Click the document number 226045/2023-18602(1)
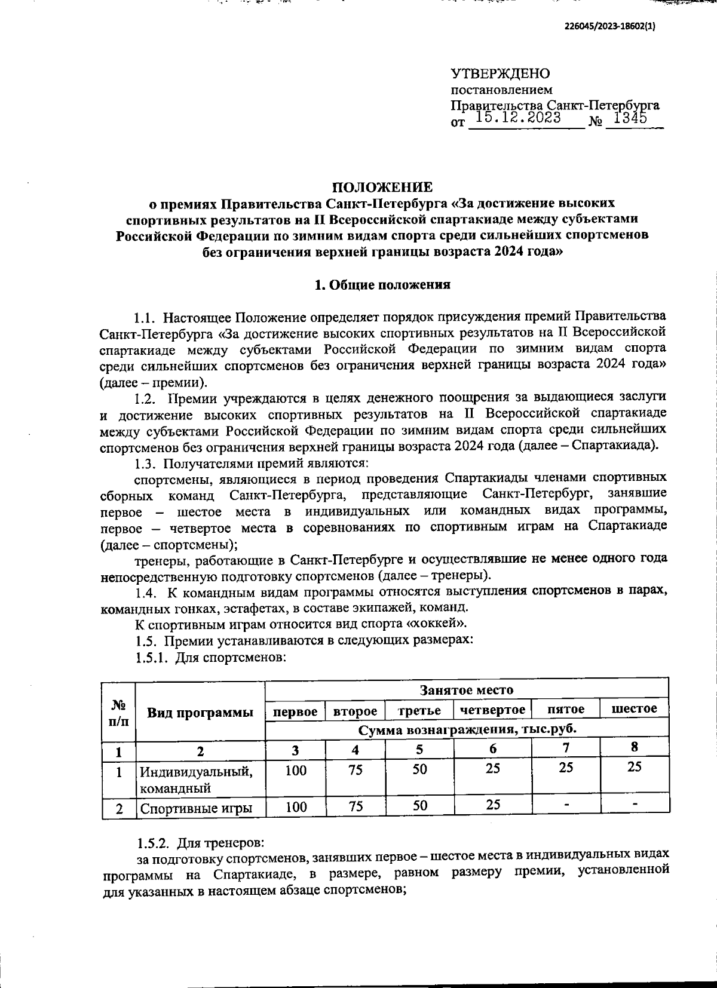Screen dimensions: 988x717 [609, 26]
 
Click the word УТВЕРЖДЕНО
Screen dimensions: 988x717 [500, 74]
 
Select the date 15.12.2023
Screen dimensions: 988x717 [518, 118]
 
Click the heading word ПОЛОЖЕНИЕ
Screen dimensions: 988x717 [382, 186]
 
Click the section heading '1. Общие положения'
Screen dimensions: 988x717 [382, 285]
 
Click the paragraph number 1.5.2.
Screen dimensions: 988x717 [152, 843]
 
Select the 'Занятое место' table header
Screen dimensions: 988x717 [466, 690]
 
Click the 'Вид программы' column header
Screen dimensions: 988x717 [200, 712]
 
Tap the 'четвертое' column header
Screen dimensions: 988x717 [492, 710]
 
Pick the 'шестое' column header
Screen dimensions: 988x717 [635, 708]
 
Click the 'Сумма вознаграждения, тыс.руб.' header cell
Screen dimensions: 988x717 [466, 729]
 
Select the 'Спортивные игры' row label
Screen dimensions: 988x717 [195, 808]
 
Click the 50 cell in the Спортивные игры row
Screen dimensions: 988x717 [419, 806]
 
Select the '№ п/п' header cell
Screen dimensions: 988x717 [119, 712]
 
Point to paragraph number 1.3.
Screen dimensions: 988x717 [145, 464]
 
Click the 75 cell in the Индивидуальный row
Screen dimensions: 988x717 [356, 770]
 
